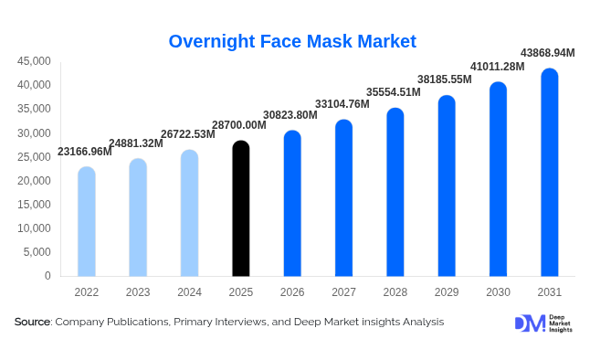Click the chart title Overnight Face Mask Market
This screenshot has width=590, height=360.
292,41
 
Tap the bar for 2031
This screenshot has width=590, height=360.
549,173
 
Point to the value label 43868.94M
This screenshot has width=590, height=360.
547,53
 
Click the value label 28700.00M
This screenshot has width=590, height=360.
238,125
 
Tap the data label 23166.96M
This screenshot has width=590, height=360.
85,152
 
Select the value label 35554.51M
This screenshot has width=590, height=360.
393,92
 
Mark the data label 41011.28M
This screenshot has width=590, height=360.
497,67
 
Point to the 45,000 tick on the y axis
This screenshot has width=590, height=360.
34,61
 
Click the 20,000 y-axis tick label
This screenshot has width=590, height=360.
34,181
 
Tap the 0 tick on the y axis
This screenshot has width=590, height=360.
47,276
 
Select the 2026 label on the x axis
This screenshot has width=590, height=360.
291,292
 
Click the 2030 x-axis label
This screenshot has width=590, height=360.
498,292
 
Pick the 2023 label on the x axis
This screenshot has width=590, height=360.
137,292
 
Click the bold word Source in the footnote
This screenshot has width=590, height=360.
32,323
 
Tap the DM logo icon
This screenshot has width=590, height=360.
530,323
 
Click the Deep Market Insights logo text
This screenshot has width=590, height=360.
562,323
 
